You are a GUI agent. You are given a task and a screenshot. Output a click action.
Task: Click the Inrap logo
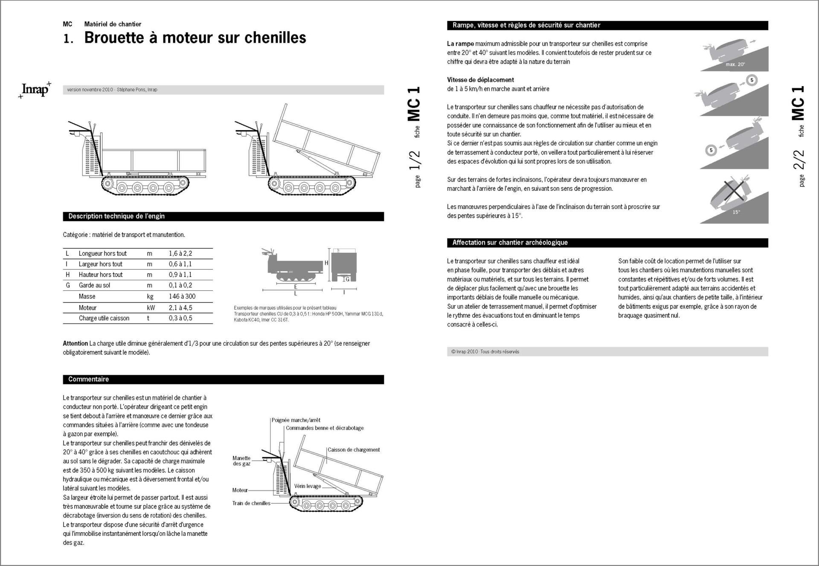35,90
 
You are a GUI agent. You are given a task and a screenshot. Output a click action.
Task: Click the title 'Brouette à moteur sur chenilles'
195,38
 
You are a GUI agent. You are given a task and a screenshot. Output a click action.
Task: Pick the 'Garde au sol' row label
94,285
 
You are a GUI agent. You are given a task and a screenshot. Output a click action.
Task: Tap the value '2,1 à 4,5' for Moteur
180,307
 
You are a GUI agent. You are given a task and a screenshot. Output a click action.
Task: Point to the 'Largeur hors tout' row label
100,264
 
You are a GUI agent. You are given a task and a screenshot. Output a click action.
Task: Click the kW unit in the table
151,307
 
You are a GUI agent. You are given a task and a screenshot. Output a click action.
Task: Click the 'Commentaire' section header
88,379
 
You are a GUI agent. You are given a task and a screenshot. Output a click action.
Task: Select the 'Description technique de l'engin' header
116,216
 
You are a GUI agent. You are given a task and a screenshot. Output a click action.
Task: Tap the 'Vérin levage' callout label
307,486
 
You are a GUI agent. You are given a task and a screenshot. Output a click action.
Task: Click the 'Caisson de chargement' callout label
354,449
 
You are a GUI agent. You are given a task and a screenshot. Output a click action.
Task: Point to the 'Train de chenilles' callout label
251,503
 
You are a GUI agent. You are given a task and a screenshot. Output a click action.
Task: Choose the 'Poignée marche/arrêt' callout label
296,420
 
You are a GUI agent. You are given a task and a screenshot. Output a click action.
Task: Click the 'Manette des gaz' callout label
241,461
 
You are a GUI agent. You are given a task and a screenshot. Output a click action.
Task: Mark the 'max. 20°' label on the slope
735,64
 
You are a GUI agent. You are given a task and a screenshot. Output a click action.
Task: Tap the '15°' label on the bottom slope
736,212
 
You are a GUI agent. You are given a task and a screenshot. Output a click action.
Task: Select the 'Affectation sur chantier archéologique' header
510,242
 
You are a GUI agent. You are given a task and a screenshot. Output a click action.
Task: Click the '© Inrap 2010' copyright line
485,352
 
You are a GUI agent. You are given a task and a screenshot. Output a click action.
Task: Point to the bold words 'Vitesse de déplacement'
480,80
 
